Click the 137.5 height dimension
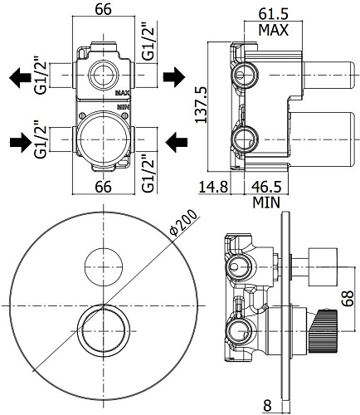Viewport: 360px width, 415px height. (200, 105)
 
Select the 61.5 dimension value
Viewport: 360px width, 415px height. (273, 14)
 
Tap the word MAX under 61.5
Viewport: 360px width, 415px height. (273, 30)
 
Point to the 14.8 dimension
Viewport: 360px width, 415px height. (213, 187)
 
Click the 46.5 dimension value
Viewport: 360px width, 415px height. (266, 187)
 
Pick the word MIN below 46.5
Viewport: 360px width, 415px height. (266, 203)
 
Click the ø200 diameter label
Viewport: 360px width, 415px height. (183, 223)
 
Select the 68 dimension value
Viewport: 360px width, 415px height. (349, 298)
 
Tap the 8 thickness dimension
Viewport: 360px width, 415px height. (267, 406)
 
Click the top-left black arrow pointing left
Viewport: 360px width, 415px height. (20, 78)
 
